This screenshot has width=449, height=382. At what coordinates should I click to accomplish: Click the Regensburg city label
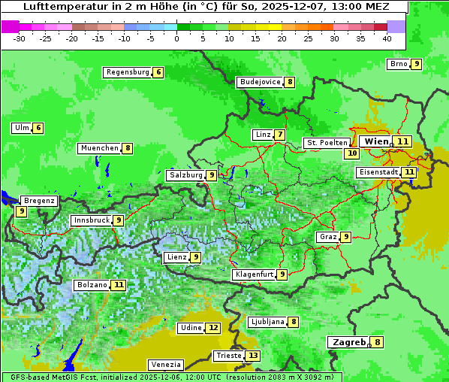pyautogui.click(x=127, y=72)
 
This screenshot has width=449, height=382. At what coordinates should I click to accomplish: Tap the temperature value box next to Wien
pyautogui.click(x=403, y=141)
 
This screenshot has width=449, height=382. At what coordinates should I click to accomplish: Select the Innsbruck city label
pyautogui.click(x=89, y=220)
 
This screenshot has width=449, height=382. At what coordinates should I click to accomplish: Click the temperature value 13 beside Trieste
pyautogui.click(x=253, y=356)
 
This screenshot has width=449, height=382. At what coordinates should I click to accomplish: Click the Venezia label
pyautogui.click(x=164, y=364)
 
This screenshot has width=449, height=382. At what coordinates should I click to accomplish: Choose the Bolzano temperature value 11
pyautogui.click(x=119, y=285)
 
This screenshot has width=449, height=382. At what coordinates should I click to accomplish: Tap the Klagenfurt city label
pyautogui.click(x=253, y=274)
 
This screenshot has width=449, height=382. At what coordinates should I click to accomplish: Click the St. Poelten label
pyautogui.click(x=327, y=142)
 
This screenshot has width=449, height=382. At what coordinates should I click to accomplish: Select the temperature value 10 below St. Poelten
pyautogui.click(x=351, y=153)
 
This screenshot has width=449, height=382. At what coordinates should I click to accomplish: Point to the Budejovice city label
pyautogui.click(x=260, y=82)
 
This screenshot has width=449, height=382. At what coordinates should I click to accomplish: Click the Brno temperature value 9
pyautogui.click(x=416, y=64)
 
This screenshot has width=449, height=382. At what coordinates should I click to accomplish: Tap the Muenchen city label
pyautogui.click(x=99, y=148)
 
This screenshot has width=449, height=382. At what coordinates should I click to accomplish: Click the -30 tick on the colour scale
pyautogui.click(x=20, y=38)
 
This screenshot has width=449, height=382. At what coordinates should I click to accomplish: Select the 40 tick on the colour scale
pyautogui.click(x=387, y=38)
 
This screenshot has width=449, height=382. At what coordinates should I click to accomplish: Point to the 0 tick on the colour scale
pyautogui.click(x=177, y=38)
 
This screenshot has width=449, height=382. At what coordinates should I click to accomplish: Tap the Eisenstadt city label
pyautogui.click(x=378, y=172)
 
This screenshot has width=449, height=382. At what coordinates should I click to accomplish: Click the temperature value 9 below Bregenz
pyautogui.click(x=21, y=212)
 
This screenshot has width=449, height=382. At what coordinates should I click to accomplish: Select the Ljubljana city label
pyautogui.click(x=267, y=322)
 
